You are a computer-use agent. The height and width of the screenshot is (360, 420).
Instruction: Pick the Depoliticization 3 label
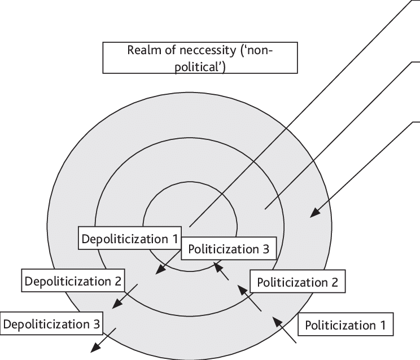(52, 324)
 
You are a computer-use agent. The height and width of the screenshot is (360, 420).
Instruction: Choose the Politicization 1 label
(345, 325)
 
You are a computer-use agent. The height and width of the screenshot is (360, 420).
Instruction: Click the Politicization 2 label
(297, 282)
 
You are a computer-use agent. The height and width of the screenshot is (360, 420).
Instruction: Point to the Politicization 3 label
(229, 248)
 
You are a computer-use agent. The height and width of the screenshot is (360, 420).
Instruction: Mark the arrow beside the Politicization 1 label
(284, 331)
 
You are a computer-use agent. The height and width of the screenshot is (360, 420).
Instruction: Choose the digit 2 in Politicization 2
(334, 282)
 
